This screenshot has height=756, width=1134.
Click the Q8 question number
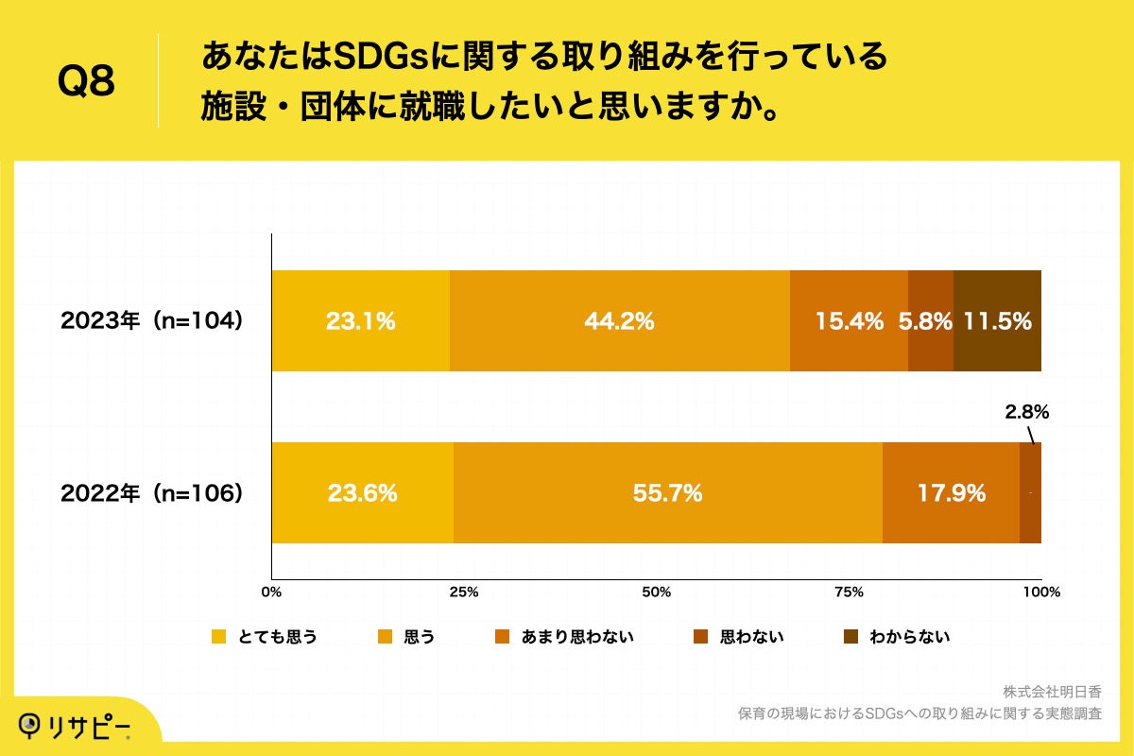click(x=86, y=81)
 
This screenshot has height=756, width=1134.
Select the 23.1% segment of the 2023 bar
click(x=360, y=321)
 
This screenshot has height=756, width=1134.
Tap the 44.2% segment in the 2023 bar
click(x=619, y=321)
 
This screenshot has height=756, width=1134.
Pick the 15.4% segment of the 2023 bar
click(x=849, y=321)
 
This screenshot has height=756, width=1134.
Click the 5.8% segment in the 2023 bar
click(x=930, y=321)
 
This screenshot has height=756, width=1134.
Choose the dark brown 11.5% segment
click(x=997, y=321)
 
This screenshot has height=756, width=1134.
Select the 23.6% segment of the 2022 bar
click(x=362, y=493)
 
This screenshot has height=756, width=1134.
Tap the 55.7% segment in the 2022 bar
click(x=667, y=493)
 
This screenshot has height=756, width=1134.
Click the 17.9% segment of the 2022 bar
click(x=951, y=493)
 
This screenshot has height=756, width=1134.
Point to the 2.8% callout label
click(x=1026, y=412)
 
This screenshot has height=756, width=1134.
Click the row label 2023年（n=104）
click(x=152, y=321)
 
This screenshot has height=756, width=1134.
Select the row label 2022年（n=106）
click(x=152, y=493)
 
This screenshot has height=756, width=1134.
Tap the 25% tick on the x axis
click(x=464, y=593)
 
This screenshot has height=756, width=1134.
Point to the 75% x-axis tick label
click(x=849, y=593)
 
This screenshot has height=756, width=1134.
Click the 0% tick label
click(x=271, y=593)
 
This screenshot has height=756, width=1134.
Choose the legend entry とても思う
click(x=265, y=637)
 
